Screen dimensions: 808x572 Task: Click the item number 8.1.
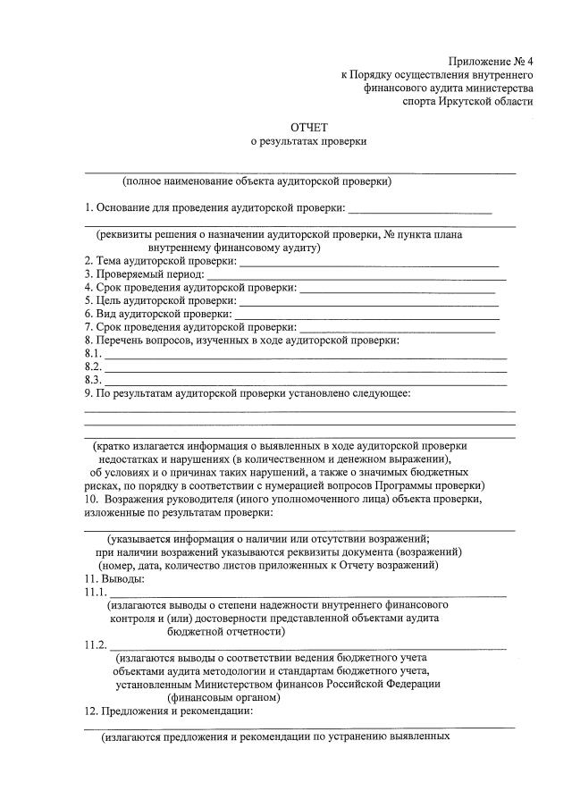pyautogui.click(x=93, y=354)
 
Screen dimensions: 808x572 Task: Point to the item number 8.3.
pyautogui.click(x=93, y=380)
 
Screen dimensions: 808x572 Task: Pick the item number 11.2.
pyautogui.click(x=96, y=645)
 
